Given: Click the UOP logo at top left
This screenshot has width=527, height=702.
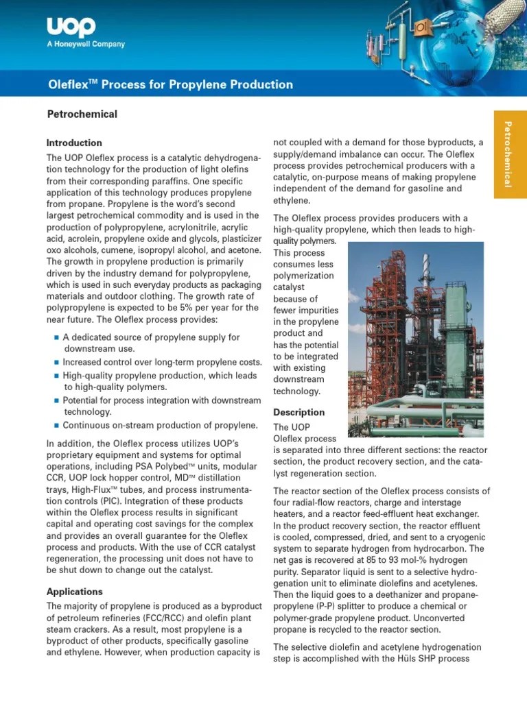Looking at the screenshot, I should click(x=71, y=27).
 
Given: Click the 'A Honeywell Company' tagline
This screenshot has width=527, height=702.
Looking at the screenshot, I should click(x=86, y=45).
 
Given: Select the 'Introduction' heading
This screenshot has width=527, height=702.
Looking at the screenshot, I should click(x=74, y=143).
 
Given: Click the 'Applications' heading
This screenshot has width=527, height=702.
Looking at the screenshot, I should click(x=74, y=592).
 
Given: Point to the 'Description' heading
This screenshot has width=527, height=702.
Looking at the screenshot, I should click(x=298, y=412).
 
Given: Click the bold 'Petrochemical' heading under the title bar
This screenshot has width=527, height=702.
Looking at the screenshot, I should click(x=82, y=114).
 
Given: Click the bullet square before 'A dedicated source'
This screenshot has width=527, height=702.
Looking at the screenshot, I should click(x=56, y=338).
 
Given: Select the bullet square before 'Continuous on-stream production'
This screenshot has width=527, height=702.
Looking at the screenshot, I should click(x=56, y=426).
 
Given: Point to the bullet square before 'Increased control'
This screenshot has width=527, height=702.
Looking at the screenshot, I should click(x=56, y=363).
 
